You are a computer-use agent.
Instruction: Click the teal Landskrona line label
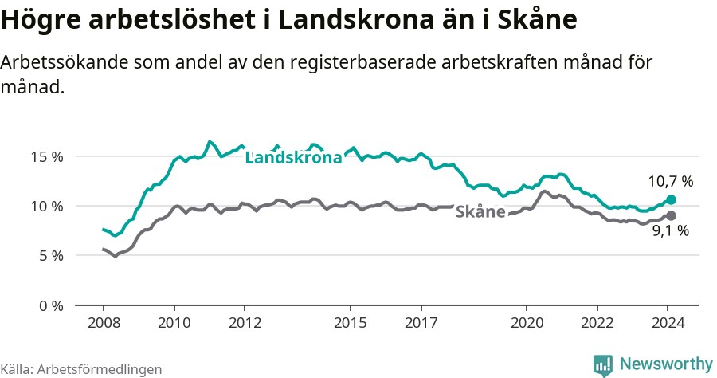293,158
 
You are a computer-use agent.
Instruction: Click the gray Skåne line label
480,212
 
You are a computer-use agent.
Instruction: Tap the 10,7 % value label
670,182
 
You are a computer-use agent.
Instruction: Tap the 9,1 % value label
670,231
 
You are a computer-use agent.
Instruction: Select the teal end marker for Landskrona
671,199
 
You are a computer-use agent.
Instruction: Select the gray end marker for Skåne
671,215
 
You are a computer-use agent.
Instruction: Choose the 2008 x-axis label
104,323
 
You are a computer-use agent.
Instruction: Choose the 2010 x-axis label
174,323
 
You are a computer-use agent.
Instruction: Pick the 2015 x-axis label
351,323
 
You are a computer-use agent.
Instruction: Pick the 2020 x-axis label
527,323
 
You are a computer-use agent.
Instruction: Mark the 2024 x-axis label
668,323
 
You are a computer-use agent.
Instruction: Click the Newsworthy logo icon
603,364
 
